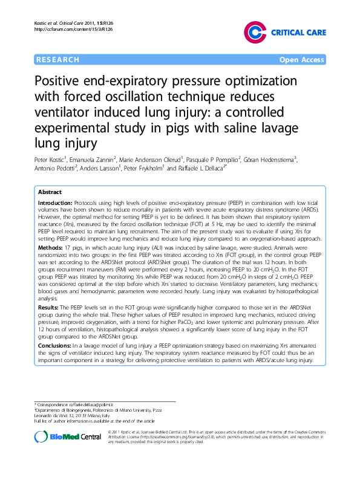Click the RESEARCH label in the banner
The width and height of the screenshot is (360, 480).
click(x=58, y=60)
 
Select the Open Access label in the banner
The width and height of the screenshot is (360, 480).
click(x=302, y=60)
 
